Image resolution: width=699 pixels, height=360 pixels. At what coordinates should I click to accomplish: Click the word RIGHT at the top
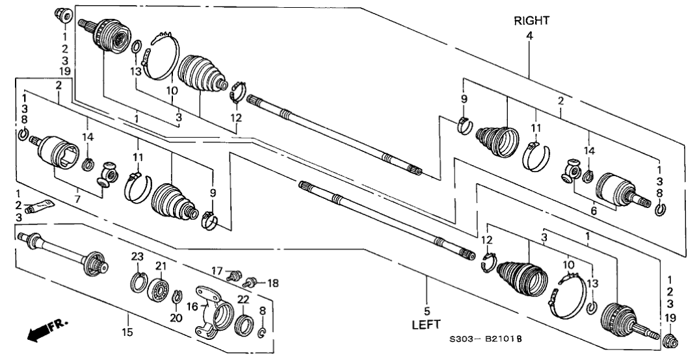[x=531, y=21]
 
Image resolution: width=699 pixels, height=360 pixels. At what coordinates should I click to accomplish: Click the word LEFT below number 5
[x=426, y=323]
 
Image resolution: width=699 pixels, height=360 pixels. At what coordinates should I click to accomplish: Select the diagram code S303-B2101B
[x=486, y=340]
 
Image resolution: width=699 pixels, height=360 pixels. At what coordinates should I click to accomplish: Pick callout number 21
[x=161, y=266]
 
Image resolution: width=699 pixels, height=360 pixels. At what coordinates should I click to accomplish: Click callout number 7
[x=77, y=190]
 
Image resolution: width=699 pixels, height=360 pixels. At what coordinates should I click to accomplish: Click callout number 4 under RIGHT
[x=529, y=36]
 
